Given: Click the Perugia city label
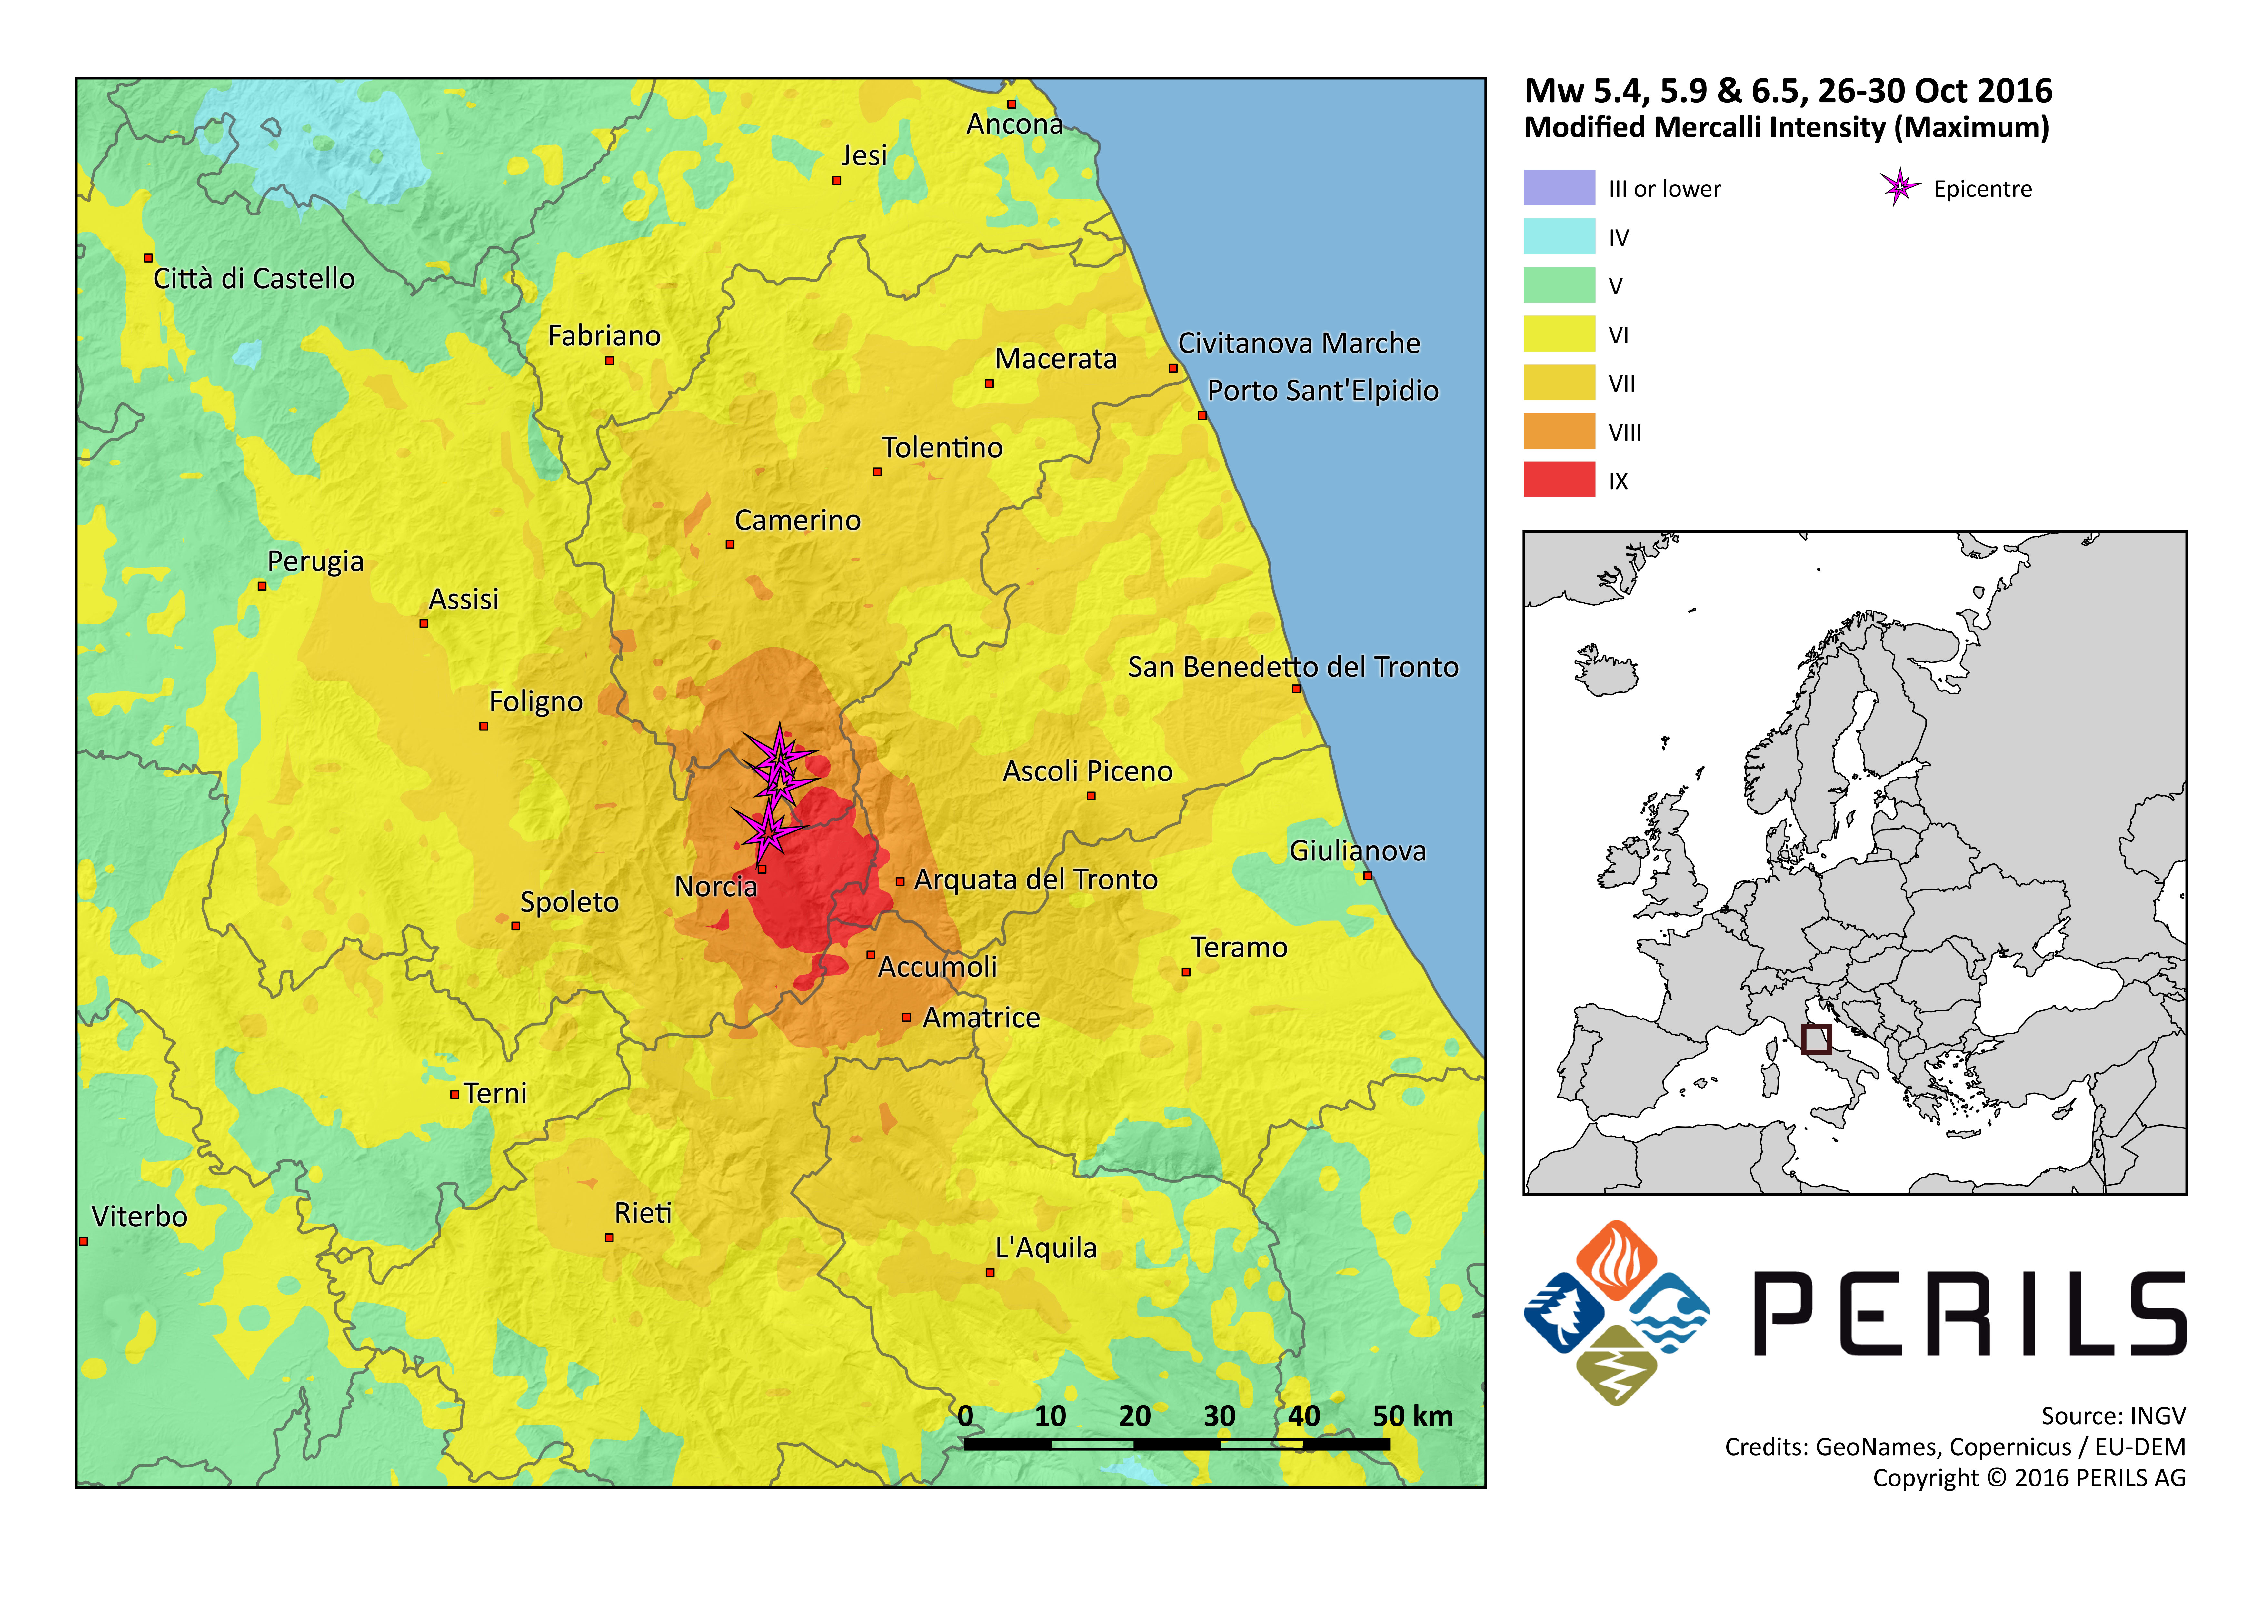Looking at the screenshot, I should (315, 562).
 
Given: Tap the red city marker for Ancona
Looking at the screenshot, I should (1011, 104).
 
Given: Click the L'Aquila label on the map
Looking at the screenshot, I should (1046, 1248).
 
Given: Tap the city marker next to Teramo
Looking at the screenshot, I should (1186, 972).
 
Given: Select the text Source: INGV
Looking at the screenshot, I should (2113, 1416).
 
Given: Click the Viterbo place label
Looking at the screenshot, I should (139, 1217).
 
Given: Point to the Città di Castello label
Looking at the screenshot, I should (253, 279).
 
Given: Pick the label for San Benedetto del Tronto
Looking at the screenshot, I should (1292, 667).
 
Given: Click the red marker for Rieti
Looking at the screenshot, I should (609, 1237).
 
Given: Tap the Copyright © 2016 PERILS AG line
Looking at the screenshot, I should (2029, 1478).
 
